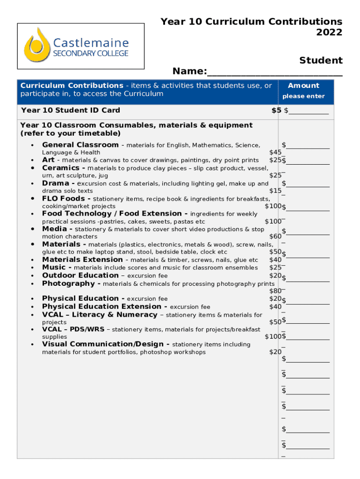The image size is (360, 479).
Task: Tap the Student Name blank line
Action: [x=274, y=73]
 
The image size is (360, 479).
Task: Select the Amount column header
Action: [x=303, y=86]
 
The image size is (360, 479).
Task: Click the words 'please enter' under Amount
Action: [x=303, y=96]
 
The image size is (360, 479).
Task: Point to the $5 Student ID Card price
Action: [x=276, y=110]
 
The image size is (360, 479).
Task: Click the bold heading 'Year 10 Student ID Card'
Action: [x=71, y=110]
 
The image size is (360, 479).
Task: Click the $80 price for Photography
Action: [x=275, y=291]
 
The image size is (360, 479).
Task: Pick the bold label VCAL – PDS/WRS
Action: [x=73, y=329]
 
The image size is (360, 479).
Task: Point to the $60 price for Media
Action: [x=275, y=237]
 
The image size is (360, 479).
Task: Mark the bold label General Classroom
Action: [x=80, y=145]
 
